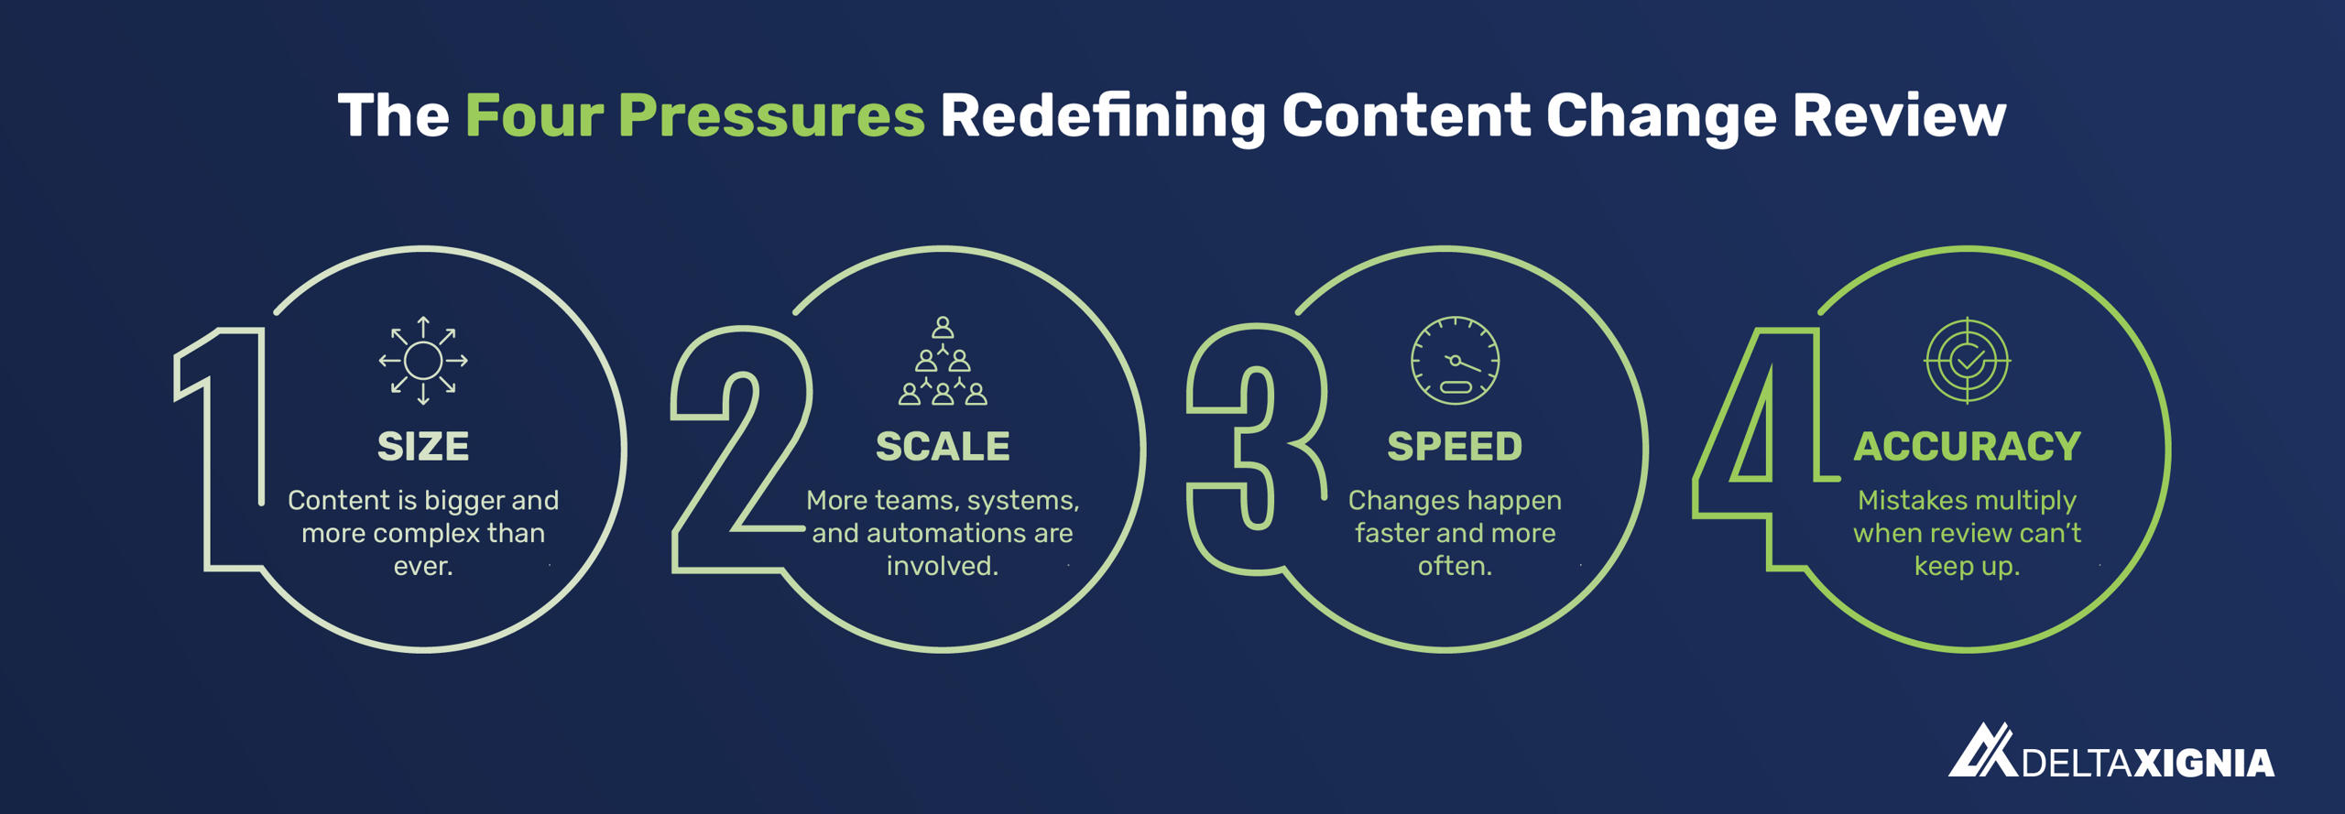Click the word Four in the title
(x=534, y=116)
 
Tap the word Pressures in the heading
(x=771, y=116)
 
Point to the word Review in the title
(x=1899, y=116)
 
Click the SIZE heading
(x=423, y=447)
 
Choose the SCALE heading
(x=943, y=447)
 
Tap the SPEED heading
(x=1455, y=447)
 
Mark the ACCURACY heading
(x=1968, y=447)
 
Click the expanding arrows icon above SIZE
(x=423, y=361)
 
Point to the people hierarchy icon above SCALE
(x=943, y=361)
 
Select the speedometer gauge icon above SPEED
(x=1455, y=361)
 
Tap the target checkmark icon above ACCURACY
(x=1968, y=361)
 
